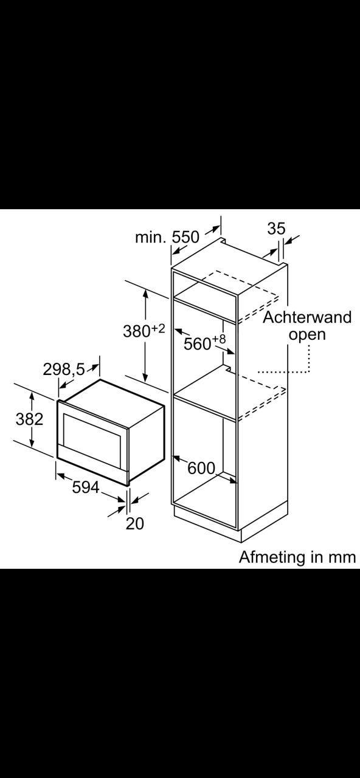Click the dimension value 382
tap(29, 419)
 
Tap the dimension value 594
tap(86, 487)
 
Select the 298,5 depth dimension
tap(64, 369)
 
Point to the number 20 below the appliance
tap(135, 523)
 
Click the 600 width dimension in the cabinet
tap(201, 468)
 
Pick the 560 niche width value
tap(198, 344)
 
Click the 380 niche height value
tap(137, 331)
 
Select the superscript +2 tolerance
tap(158, 328)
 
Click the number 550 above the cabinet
tap(185, 237)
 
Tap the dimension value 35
tap(276, 228)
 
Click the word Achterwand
tap(307, 317)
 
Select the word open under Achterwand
tap(307, 335)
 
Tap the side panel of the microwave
tap(147, 442)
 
